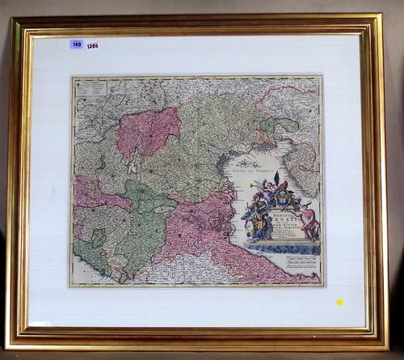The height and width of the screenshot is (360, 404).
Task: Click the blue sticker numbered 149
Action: (x=77, y=44)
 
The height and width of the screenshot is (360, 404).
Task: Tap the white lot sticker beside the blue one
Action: (x=93, y=46)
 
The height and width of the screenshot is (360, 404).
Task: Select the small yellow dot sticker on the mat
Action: (x=339, y=303)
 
